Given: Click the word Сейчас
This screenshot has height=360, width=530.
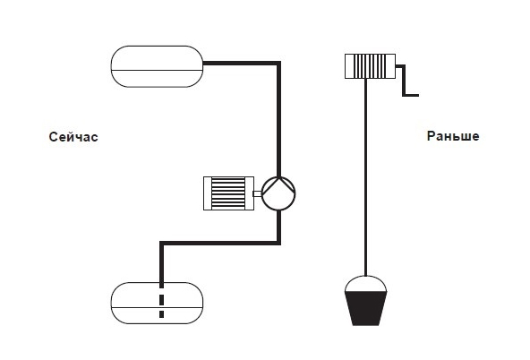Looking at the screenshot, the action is coord(73,137).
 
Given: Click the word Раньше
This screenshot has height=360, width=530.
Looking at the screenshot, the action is coord(453,136).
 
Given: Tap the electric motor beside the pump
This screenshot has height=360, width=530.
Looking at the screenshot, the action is coord(228,193).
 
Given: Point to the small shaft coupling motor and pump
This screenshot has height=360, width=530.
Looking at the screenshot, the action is coord(258,193).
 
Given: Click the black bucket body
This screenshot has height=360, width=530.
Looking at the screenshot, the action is coord(366,308).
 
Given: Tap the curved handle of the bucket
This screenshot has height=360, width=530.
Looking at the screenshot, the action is coord(366,277).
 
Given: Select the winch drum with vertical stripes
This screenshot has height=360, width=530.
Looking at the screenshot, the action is coord(370,66).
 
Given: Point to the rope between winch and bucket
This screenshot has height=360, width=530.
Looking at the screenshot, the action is coord(366,177).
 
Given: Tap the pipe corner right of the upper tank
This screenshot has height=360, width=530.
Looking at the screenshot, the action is coord(278,64).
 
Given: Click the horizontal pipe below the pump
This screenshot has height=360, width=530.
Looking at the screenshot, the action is coord(219,243).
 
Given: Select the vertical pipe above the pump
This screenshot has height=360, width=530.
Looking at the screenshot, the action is coord(278,119).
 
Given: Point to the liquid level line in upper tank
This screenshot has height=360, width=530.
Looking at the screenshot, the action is coord(157,71).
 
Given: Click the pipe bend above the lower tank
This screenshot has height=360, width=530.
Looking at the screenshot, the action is coord(161,244).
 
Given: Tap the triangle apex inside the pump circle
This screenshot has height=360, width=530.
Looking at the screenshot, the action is coord(278,178).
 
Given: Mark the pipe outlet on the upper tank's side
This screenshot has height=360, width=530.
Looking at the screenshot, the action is coord(204,64).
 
